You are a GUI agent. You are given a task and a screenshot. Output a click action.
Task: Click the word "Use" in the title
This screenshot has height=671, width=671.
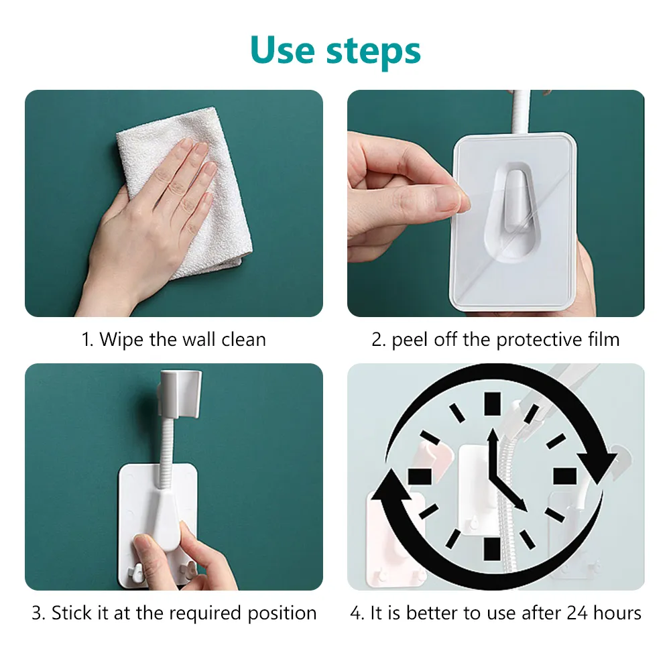[282, 50]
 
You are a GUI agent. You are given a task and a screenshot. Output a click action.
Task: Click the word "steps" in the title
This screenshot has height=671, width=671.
[373, 52]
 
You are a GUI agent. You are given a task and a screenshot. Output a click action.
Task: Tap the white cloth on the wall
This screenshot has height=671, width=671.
[184, 192]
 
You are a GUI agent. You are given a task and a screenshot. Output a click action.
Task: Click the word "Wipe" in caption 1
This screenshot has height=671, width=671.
[121, 339]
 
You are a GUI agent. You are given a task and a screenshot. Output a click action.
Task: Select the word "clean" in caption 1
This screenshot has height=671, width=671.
[243, 339]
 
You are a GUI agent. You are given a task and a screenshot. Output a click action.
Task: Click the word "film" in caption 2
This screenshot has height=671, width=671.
[604, 339]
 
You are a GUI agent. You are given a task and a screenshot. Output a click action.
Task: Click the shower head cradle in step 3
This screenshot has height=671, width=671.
[180, 394]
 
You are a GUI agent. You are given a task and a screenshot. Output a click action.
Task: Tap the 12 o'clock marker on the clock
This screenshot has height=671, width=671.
[492, 404]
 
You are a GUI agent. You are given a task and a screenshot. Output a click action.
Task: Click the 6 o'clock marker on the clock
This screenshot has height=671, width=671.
[492, 549]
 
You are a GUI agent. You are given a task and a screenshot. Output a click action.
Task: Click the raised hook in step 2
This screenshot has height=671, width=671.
[515, 201]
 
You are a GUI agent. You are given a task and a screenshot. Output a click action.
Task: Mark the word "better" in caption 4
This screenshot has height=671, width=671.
[432, 613]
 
